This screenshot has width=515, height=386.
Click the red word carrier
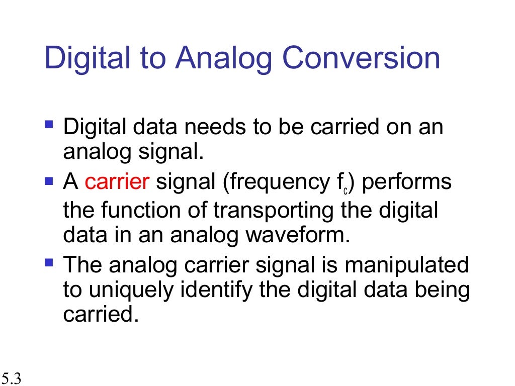(117, 182)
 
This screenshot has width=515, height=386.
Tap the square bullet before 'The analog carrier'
(49, 261)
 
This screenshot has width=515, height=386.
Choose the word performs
(407, 182)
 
